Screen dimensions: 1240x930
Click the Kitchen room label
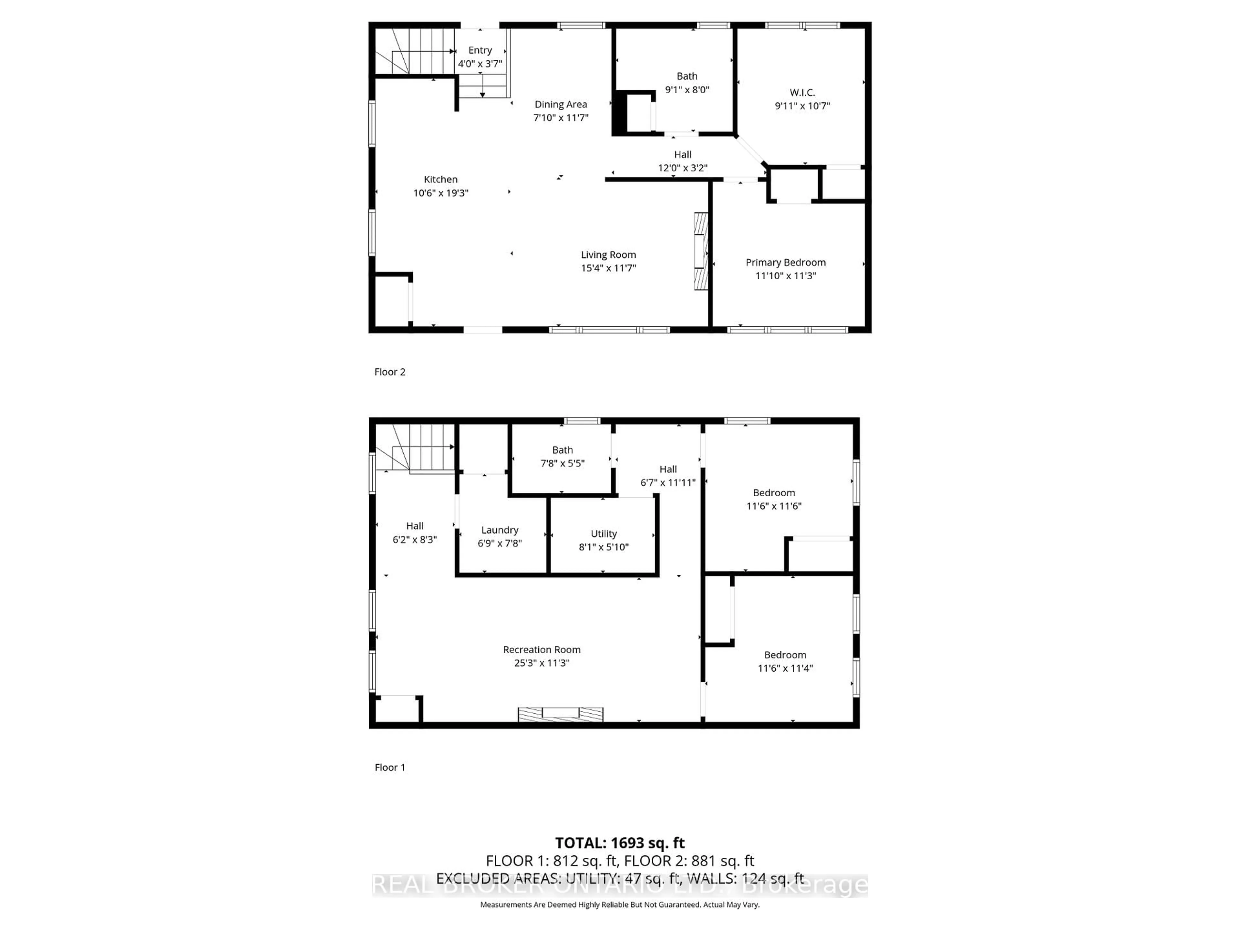(x=440, y=180)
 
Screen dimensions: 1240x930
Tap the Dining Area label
(x=561, y=104)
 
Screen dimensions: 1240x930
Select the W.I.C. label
(x=802, y=92)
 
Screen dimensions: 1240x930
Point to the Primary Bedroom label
(x=785, y=262)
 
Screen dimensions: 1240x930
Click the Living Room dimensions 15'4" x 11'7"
(x=608, y=268)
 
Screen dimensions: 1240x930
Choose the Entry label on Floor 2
(x=480, y=50)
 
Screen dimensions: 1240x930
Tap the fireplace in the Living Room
(x=701, y=251)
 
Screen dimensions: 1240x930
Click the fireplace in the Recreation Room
(x=561, y=714)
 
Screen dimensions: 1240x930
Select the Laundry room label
(x=500, y=530)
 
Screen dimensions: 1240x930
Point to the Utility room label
(x=604, y=534)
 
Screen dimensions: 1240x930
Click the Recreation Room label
(x=542, y=650)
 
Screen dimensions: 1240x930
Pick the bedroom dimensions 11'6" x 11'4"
(x=785, y=668)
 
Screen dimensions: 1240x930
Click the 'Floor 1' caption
(x=390, y=768)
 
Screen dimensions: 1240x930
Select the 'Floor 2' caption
(x=390, y=372)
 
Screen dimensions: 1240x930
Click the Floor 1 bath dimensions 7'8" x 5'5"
(x=562, y=464)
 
